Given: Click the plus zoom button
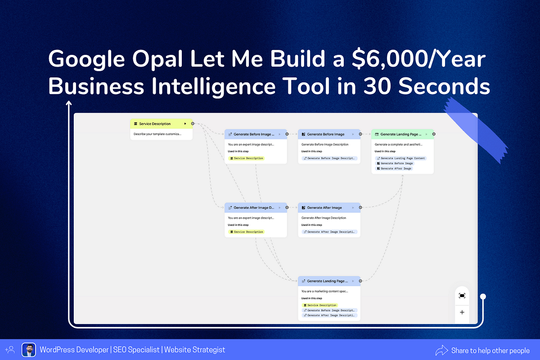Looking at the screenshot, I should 462,312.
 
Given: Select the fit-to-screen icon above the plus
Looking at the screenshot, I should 462,296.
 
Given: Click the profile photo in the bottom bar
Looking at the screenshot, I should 29,350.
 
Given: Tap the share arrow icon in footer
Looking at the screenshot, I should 441,350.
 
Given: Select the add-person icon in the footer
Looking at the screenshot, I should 10,350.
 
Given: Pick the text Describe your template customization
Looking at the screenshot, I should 157,134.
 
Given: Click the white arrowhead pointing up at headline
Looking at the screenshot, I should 69,103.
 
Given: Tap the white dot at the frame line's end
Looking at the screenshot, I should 483,297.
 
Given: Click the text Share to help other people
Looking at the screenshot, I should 490,350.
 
